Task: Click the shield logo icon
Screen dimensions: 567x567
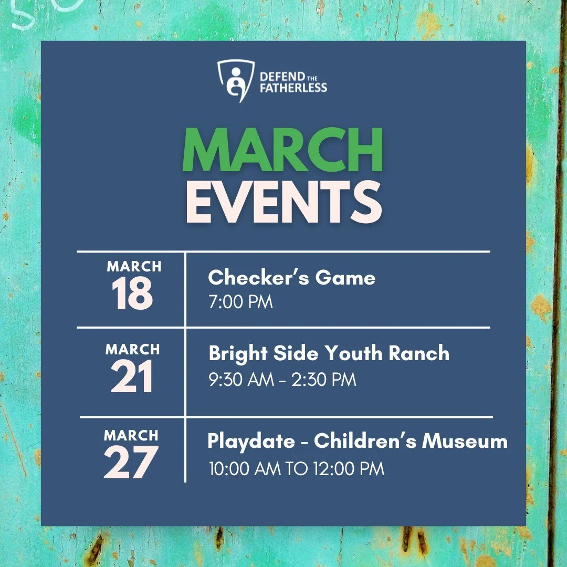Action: [232, 80]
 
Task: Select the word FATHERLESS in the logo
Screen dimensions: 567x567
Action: [293, 88]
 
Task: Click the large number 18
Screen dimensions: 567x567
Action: [133, 294]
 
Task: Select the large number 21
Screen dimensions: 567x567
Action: [132, 377]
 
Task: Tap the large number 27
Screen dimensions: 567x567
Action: [131, 462]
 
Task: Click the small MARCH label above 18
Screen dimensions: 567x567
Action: [134, 267]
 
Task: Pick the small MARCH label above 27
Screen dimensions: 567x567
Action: [131, 435]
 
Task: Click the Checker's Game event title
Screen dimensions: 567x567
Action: [291, 277]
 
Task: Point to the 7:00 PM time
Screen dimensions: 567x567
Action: [240, 302]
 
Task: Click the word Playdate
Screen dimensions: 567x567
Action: [251, 441]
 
